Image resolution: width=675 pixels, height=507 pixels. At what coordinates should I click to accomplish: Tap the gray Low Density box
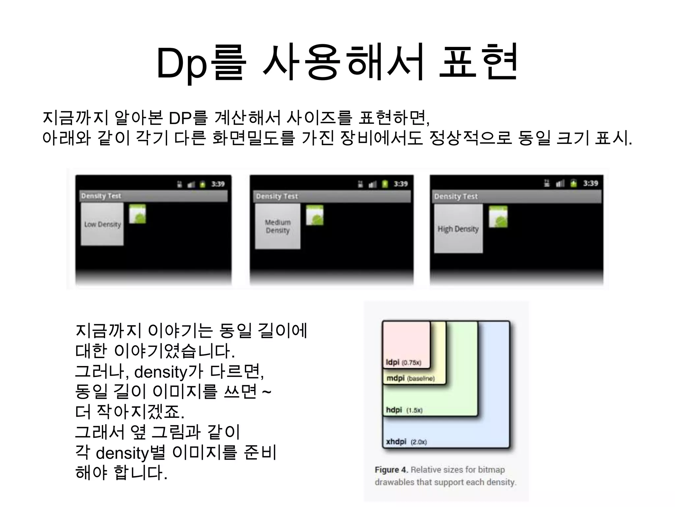click(x=102, y=224)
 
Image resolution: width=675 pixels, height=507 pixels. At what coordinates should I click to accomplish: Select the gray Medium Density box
click(x=278, y=226)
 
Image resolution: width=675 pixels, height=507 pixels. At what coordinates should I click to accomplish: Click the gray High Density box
click(x=458, y=229)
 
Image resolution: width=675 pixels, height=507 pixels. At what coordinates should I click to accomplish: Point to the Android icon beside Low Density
click(x=137, y=214)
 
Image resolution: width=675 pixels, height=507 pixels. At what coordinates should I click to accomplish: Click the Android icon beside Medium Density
click(x=315, y=216)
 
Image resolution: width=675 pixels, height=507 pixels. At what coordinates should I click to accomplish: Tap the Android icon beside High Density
click(x=498, y=217)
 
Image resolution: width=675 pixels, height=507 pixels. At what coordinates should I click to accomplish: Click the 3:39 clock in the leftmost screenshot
click(x=218, y=184)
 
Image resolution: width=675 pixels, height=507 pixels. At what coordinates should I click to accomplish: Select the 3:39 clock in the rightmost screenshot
click(x=590, y=183)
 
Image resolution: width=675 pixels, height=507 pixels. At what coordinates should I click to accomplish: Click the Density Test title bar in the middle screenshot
click(x=332, y=196)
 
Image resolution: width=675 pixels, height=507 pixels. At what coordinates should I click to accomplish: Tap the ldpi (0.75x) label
click(x=403, y=362)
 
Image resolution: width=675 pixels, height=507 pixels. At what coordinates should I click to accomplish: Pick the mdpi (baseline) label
click(x=410, y=378)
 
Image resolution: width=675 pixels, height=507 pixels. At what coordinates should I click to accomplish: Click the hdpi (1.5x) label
click(x=404, y=410)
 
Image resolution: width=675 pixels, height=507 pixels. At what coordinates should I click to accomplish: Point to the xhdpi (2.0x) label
click(x=406, y=442)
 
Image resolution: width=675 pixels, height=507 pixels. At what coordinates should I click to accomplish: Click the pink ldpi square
click(x=406, y=340)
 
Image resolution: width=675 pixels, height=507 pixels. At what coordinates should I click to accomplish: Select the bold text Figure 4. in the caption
click(x=391, y=469)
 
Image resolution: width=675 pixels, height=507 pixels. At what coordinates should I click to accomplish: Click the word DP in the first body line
click(x=180, y=118)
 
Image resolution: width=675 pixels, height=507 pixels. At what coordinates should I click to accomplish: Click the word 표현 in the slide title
click(x=478, y=63)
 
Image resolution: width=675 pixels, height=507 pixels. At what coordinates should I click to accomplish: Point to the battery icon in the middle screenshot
click(x=385, y=184)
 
